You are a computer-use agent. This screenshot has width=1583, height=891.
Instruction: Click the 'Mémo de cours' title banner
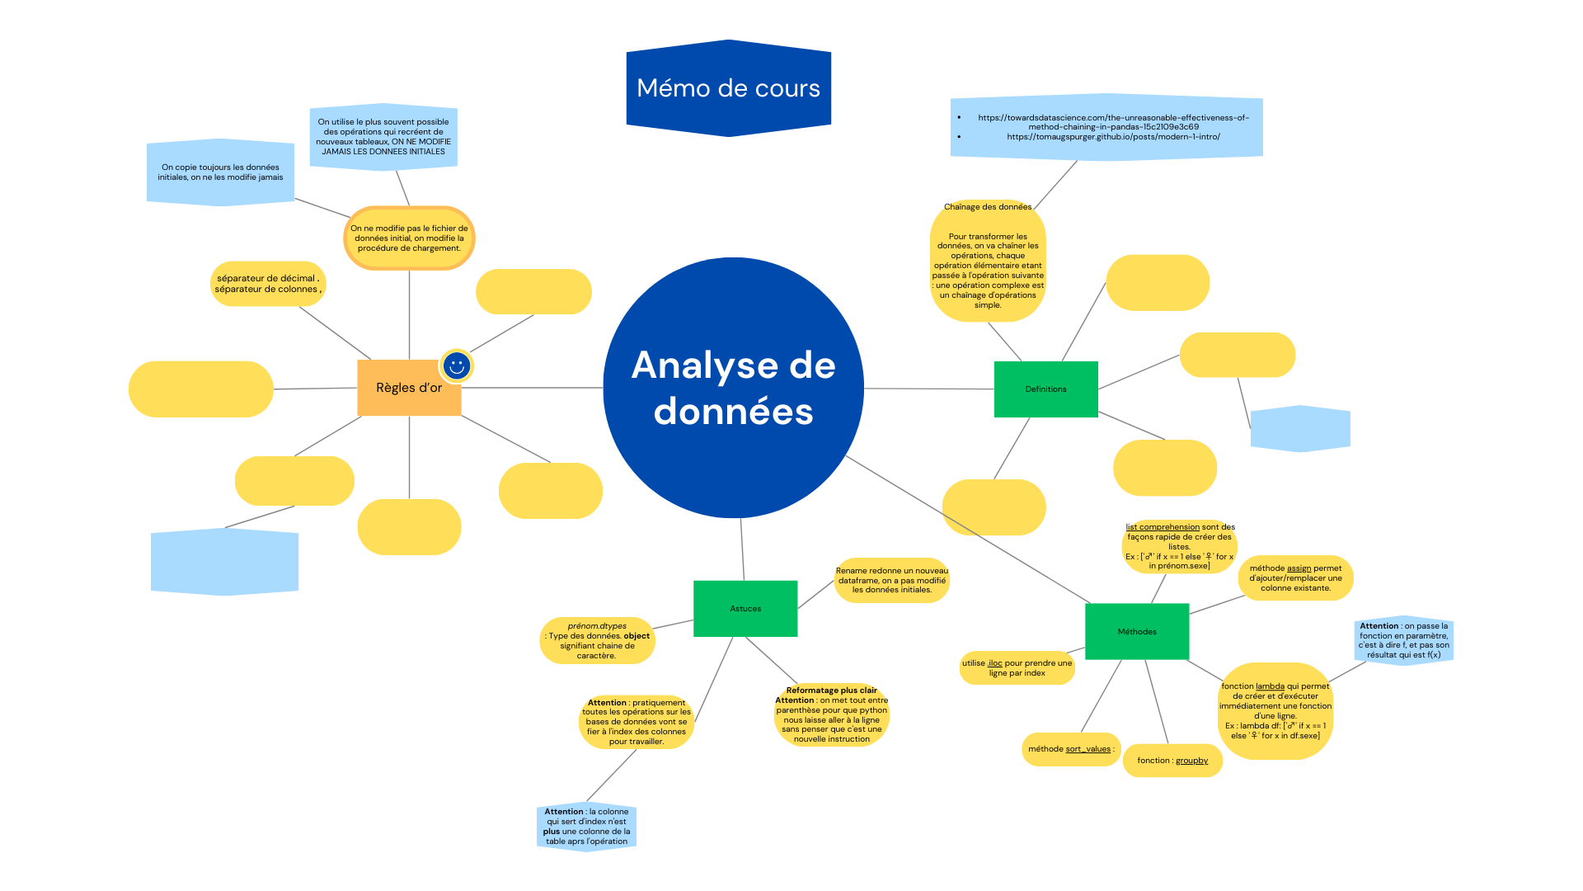728,88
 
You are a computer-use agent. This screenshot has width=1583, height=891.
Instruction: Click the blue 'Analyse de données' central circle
733,388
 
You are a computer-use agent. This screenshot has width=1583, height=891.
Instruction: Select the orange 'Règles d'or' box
409,388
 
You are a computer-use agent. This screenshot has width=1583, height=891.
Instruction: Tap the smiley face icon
457,365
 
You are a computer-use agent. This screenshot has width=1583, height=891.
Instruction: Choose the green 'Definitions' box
1045,389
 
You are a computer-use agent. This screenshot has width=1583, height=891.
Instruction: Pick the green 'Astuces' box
745,609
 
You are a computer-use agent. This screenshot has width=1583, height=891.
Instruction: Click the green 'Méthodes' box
1137,632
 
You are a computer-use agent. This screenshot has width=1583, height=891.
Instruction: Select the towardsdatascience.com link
1113,122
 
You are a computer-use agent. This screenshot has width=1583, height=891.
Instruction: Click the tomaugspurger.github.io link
1113,137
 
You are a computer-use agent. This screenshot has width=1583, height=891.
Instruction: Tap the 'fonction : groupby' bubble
1172,761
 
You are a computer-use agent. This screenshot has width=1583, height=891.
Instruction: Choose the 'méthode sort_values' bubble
1071,749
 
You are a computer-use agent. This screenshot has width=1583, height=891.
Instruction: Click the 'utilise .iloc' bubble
1017,668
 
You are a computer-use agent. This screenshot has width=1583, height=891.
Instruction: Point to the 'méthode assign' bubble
1295,578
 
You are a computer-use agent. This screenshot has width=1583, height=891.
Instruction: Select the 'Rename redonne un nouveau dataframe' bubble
891,580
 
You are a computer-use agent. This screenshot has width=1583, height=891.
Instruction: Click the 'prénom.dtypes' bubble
597,641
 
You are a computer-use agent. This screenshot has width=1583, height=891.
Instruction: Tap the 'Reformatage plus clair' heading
831,691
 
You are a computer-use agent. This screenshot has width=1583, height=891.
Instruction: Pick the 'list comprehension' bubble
1179,546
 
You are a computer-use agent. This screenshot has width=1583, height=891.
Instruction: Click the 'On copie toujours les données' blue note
220,172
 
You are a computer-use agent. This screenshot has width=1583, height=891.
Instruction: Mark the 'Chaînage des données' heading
987,207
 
